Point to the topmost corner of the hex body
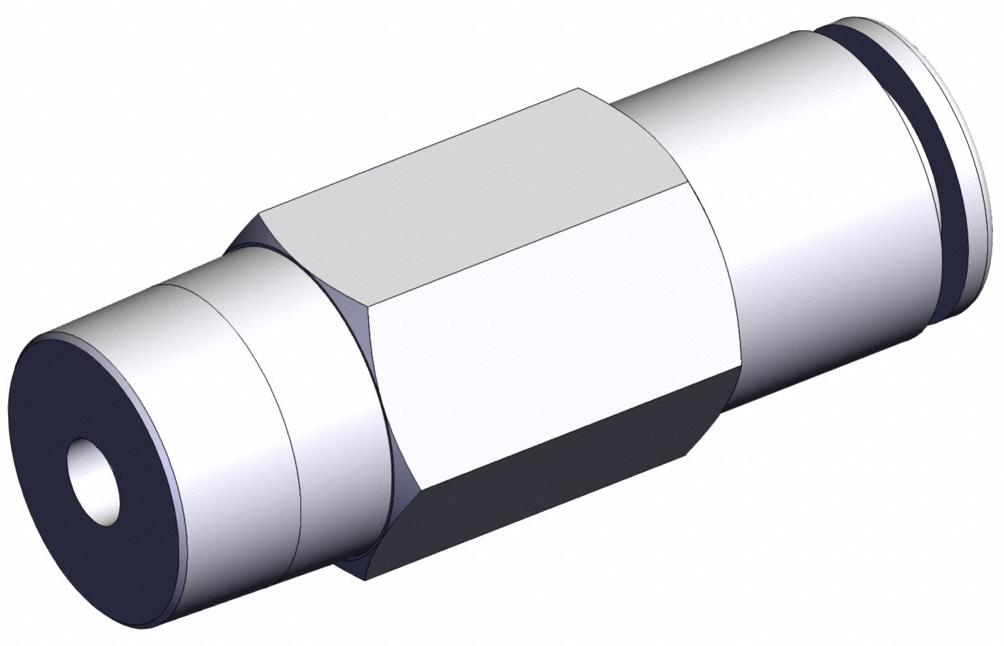(579, 88)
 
